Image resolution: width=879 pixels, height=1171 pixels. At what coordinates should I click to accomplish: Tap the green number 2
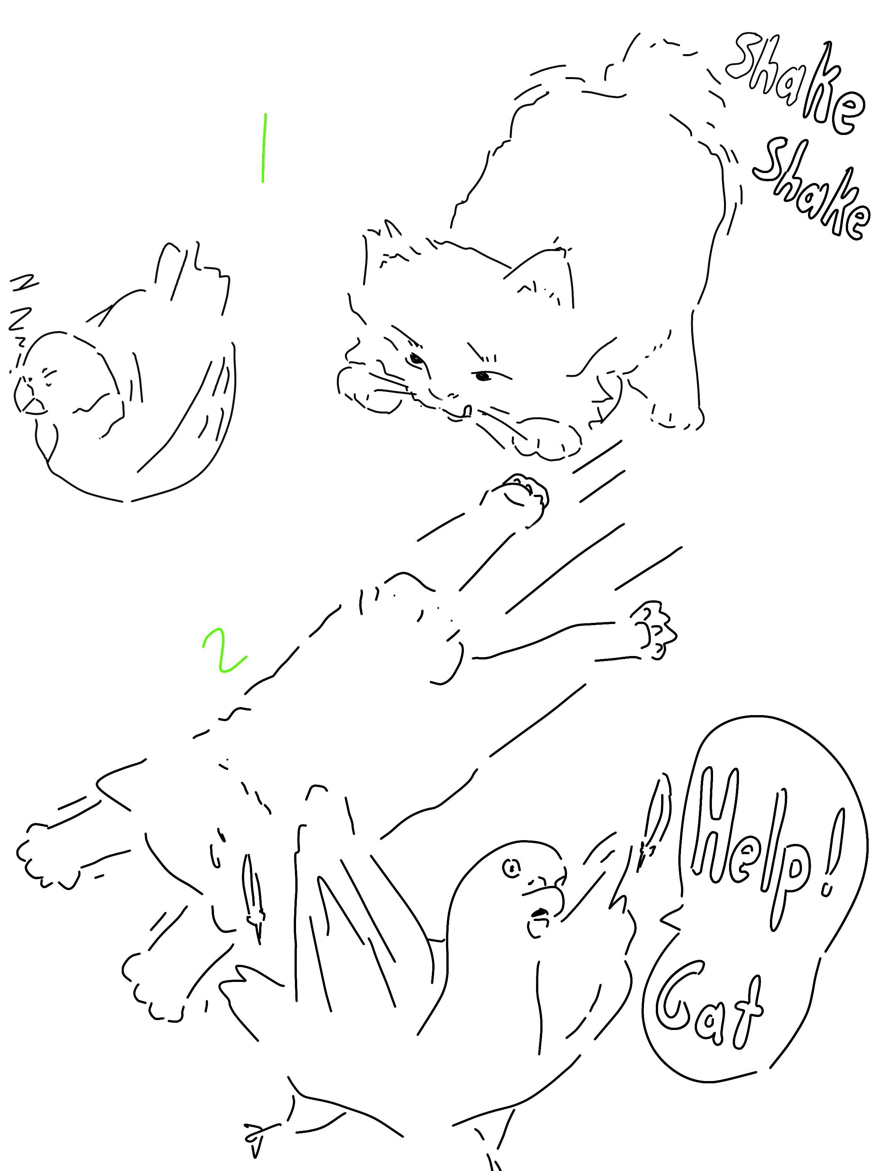coord(224,651)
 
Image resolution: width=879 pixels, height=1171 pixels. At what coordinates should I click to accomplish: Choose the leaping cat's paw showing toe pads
coord(654,630)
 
